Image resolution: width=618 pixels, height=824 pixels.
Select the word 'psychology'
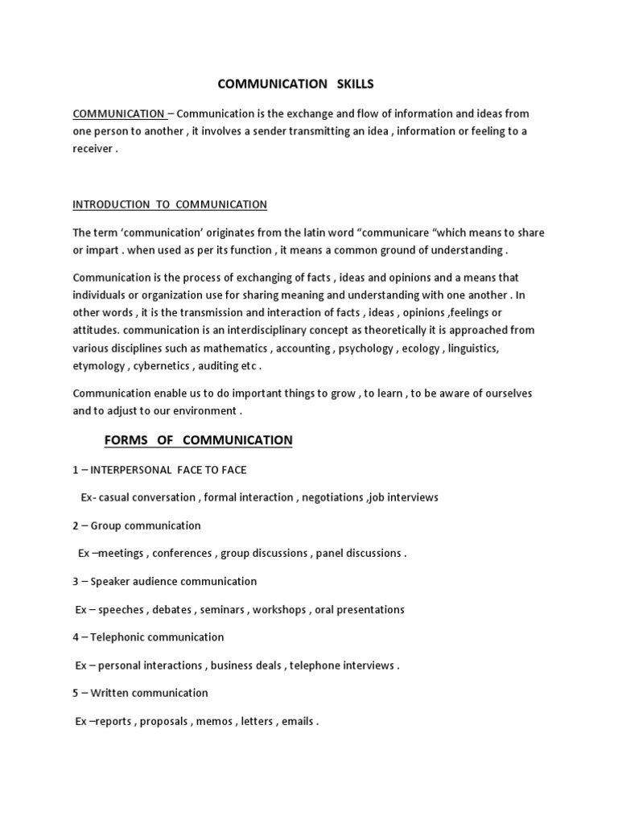click(x=365, y=348)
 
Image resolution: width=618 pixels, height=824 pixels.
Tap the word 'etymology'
click(x=97, y=366)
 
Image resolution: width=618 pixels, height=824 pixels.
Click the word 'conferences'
click(x=182, y=554)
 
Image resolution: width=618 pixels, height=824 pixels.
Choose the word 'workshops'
click(x=278, y=610)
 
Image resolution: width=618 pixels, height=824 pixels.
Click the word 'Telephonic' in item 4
click(x=117, y=637)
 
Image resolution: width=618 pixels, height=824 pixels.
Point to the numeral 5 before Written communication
click(x=76, y=693)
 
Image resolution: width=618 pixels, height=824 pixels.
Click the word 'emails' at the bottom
click(x=297, y=722)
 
